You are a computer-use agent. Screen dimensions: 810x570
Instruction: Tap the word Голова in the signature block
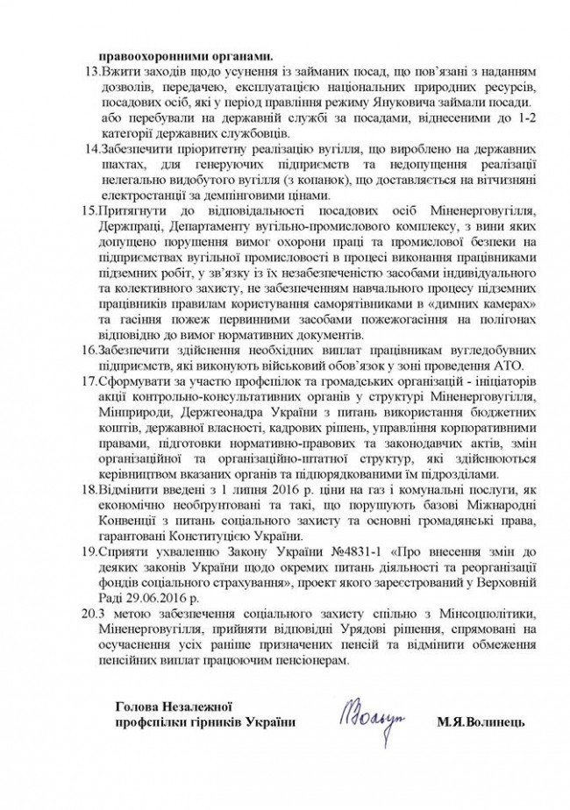[136, 707]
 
